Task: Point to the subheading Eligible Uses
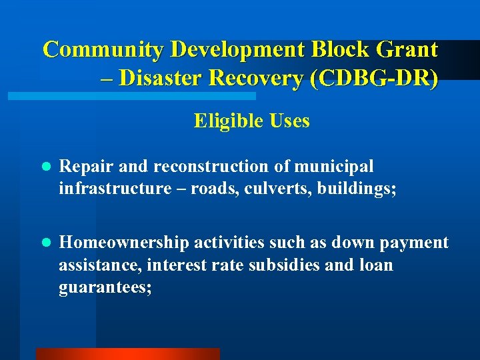(252, 121)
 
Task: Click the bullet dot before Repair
(45, 167)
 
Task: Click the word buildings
(357, 189)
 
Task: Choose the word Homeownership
(127, 243)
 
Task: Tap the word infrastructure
(115, 189)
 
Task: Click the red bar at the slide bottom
(127, 354)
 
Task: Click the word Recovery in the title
(255, 79)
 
